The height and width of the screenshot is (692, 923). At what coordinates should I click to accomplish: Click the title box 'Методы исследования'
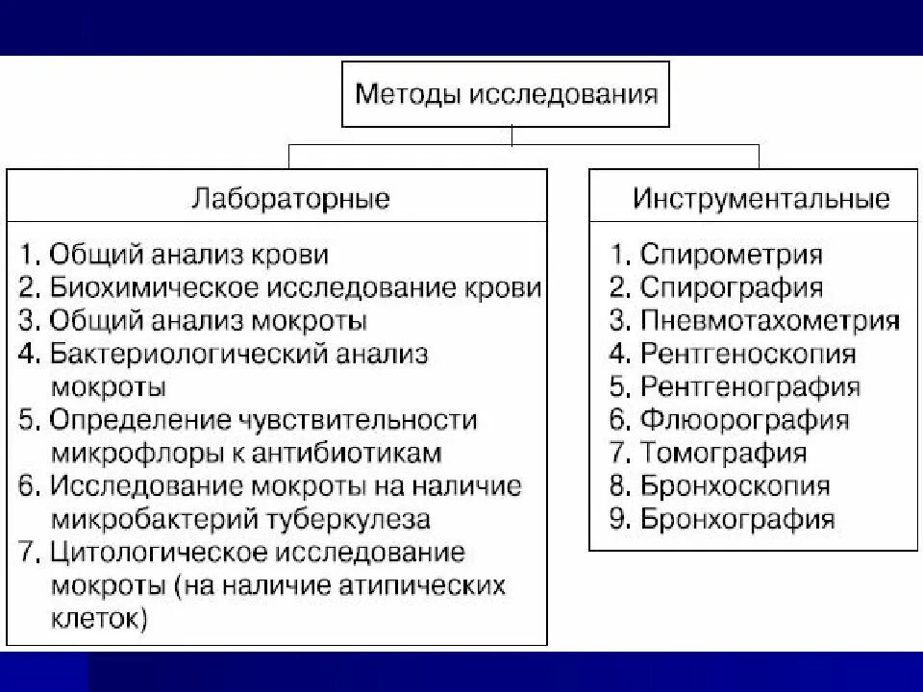click(507, 94)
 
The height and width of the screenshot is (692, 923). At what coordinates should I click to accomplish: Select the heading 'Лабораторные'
click(290, 199)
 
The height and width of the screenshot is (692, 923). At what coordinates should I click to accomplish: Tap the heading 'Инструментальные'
click(761, 199)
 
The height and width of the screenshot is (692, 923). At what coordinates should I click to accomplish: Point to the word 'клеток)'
click(97, 619)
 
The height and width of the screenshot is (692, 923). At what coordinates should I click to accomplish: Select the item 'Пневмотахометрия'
click(769, 320)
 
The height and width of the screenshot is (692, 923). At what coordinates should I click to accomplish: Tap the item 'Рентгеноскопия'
click(747, 354)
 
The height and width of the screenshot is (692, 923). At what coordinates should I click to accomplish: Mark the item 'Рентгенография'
click(750, 387)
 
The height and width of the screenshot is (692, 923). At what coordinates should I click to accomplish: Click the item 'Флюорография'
click(744, 420)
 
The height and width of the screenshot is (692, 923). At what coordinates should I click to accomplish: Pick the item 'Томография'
click(723, 453)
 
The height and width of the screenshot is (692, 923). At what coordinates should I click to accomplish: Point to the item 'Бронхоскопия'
click(736, 486)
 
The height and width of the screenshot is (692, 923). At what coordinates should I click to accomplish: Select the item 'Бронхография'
click(737, 520)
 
